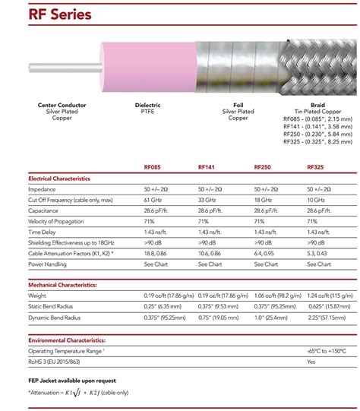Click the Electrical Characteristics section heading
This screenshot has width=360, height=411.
(x=59, y=178)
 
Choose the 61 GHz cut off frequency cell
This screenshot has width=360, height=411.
(x=154, y=199)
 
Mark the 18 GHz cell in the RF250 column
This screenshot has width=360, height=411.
(x=264, y=199)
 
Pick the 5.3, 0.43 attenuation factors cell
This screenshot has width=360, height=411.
(x=319, y=253)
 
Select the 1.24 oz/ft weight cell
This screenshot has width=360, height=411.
(x=328, y=294)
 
